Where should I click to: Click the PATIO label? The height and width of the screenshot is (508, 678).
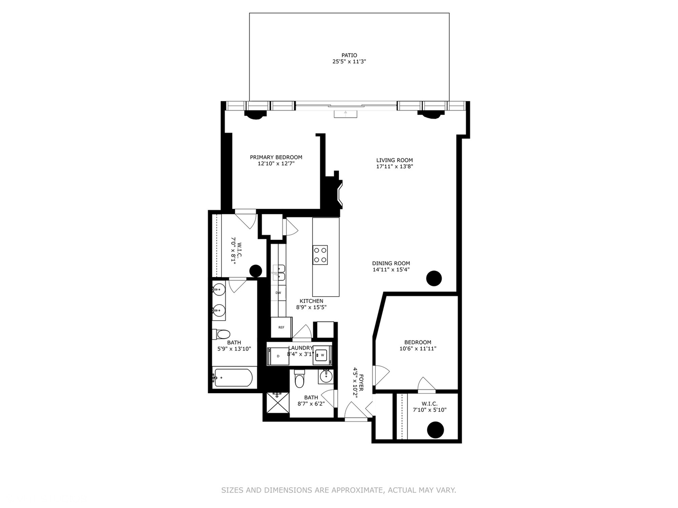(349, 55)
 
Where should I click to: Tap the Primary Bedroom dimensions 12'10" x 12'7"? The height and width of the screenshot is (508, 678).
(276, 164)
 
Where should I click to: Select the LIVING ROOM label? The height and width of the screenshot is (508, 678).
(394, 160)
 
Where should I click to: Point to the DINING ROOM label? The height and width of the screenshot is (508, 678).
(391, 263)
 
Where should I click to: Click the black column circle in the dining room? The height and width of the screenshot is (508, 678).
(434, 278)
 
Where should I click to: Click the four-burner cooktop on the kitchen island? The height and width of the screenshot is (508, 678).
(321, 255)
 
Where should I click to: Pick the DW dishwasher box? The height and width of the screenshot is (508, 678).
(278, 293)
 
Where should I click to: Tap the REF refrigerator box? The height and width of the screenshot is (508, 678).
(281, 327)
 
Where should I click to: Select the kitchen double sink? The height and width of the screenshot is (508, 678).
(279, 272)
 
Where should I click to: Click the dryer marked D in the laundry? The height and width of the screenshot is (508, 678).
(278, 356)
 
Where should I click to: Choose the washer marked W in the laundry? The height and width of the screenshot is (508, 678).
(323, 355)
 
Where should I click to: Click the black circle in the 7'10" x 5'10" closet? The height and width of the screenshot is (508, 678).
(436, 429)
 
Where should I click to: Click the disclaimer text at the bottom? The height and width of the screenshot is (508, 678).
(339, 490)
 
